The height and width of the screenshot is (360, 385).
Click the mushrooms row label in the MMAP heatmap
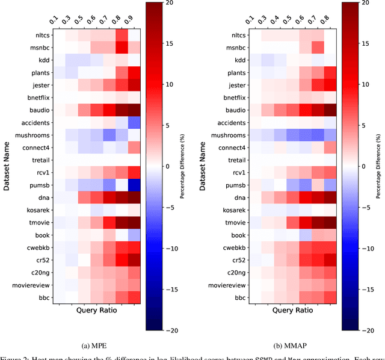[x=227, y=135]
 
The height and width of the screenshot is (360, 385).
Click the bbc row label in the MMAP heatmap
[x=240, y=297]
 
